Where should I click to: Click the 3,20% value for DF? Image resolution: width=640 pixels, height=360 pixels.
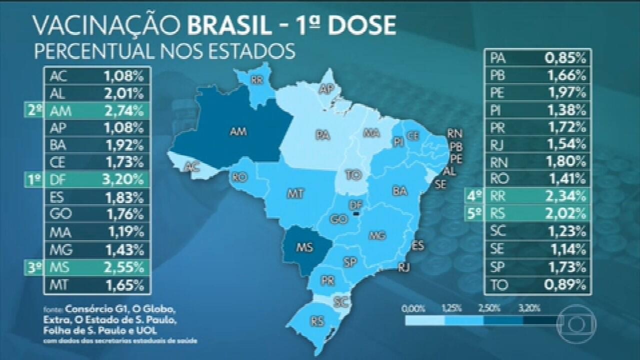(x=123, y=179)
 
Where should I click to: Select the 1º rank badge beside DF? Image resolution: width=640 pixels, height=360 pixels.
(x=34, y=179)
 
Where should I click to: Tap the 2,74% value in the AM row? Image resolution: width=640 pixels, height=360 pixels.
(x=123, y=110)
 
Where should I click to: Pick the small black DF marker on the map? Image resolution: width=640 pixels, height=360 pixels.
(x=356, y=213)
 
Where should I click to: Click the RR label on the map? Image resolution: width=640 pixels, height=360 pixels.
(x=257, y=79)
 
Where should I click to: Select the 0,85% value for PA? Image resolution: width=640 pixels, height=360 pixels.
(x=565, y=58)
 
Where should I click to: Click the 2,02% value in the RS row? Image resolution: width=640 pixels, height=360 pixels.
(x=565, y=214)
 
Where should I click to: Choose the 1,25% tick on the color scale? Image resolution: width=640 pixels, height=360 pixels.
(x=450, y=308)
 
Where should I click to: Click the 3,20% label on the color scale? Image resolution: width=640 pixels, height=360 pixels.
(x=530, y=308)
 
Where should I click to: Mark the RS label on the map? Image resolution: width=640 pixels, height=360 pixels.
(x=316, y=320)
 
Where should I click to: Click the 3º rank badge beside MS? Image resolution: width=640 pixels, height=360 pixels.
(x=34, y=267)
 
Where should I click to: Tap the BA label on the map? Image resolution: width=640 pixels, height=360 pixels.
(x=399, y=190)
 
